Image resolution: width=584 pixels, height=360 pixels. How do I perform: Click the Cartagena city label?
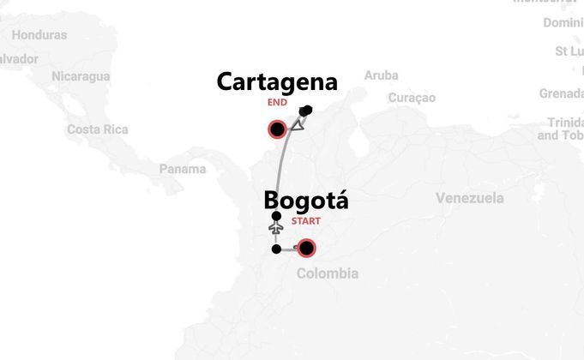pos(276,82)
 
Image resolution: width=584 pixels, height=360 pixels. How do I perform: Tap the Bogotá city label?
pos(306,201)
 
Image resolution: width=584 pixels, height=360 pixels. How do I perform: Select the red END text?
pos(276,102)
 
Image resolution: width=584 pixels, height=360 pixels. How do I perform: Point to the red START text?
pos(306,221)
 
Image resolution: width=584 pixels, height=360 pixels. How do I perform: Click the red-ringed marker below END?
pos(277,130)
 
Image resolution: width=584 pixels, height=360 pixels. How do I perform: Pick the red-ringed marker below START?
pos(306,249)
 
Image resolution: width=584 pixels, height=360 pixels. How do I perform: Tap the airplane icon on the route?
pos(275,230)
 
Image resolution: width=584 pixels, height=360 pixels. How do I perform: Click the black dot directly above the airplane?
pos(275,216)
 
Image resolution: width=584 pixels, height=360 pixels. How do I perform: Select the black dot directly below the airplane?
pos(275,249)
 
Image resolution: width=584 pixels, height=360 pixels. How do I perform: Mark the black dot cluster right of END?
pos(306,111)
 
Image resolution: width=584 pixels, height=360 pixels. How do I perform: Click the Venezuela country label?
pos(469,199)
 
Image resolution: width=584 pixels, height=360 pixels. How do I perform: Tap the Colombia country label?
pos(327,274)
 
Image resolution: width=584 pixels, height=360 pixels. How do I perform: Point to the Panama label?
pos(183,169)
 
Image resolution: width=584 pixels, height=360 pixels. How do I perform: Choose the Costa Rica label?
pos(97,129)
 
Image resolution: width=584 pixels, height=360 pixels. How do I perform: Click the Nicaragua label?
pos(81,76)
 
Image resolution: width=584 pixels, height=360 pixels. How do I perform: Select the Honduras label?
pos(39,35)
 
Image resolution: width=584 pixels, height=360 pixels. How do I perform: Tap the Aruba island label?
pos(381,75)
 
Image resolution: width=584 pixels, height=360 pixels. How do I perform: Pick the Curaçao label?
pos(412,98)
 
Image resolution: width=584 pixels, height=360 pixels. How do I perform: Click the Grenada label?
pos(561,93)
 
